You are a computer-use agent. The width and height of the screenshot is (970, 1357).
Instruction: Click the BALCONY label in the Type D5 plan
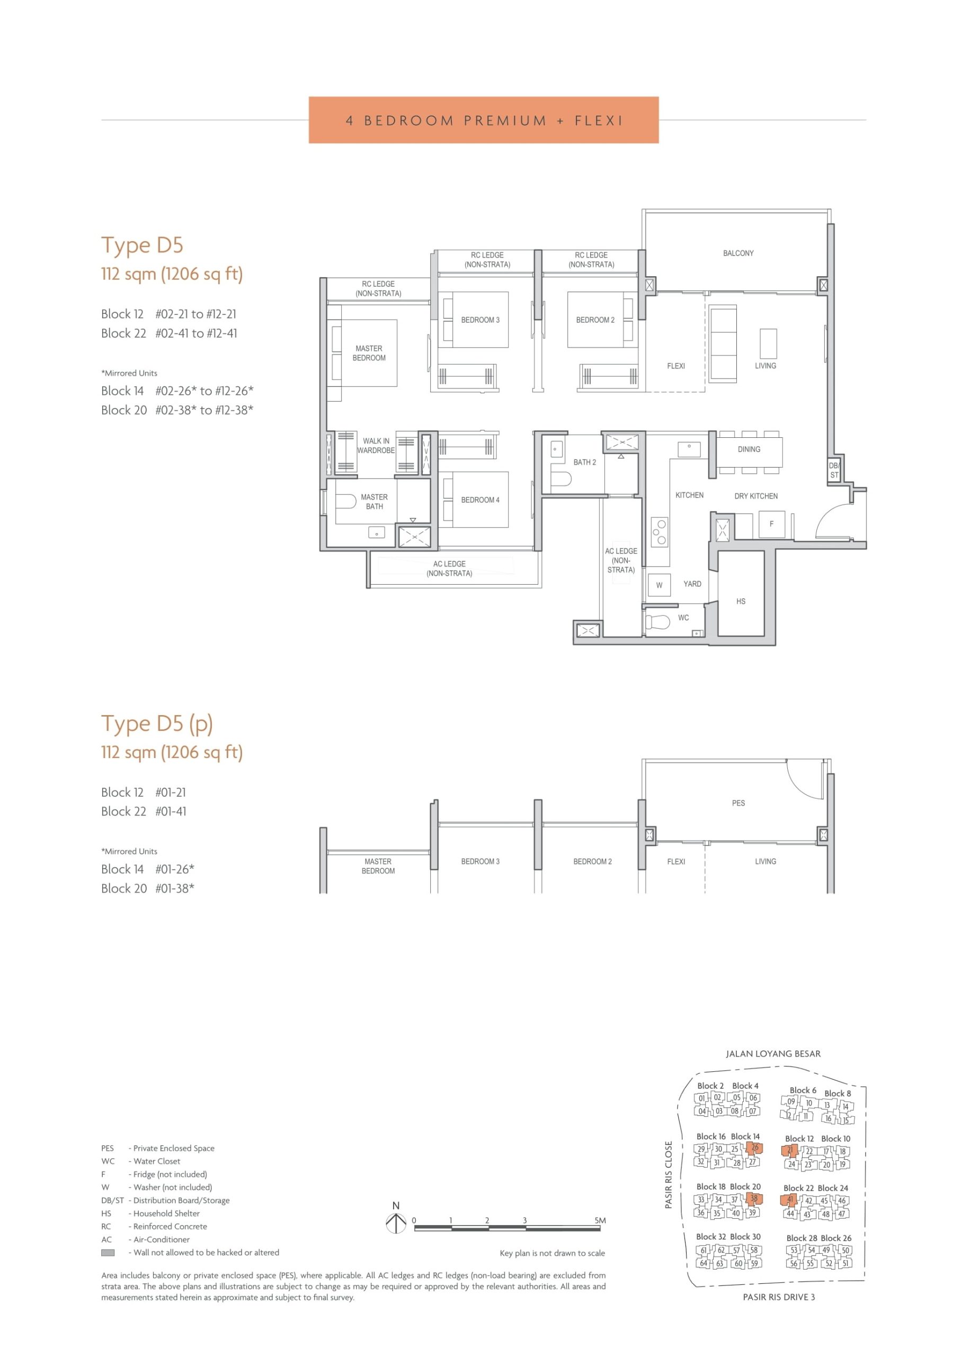coord(738,253)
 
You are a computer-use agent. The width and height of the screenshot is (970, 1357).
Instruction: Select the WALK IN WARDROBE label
coord(376,446)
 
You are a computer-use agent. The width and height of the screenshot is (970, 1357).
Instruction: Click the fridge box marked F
coord(771,524)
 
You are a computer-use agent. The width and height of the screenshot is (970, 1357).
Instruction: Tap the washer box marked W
coord(659,585)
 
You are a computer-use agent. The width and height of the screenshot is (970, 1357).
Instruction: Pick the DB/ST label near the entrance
coord(834,470)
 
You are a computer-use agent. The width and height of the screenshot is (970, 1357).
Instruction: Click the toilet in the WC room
coord(657,622)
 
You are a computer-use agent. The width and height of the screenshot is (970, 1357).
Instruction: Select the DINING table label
coord(749,450)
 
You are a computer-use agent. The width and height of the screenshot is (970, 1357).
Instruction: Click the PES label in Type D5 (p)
coord(738,803)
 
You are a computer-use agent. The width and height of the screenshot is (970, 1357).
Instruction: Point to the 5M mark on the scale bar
coord(600,1220)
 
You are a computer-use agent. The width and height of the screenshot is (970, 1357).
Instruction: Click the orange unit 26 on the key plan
coord(754,1148)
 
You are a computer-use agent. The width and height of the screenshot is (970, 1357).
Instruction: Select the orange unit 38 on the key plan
coord(754,1199)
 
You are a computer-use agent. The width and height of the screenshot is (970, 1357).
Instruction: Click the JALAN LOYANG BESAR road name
coord(773,1053)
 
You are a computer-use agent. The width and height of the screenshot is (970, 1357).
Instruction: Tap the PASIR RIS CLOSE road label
coord(669,1175)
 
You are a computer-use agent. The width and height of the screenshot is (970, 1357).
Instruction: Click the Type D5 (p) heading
coord(157,724)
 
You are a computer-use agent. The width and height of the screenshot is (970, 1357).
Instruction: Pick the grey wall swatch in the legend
coord(108,1253)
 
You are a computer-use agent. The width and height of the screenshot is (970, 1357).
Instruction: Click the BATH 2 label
coord(585,462)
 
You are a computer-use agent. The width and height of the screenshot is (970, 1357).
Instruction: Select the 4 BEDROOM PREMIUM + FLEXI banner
coord(484,120)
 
